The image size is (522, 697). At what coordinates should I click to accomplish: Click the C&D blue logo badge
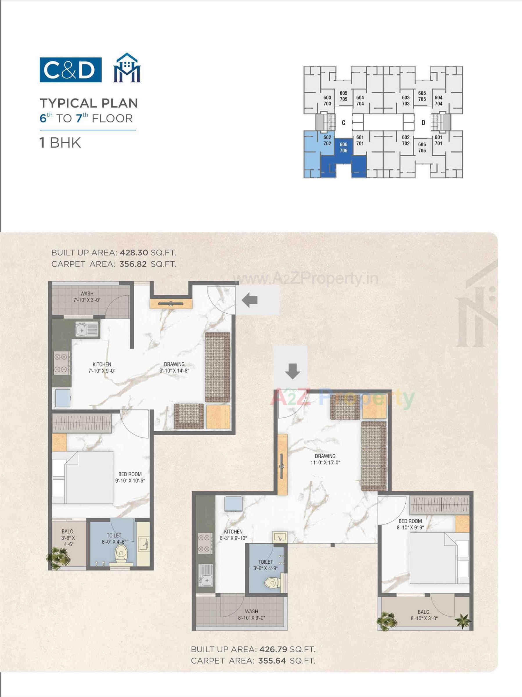[x=71, y=70]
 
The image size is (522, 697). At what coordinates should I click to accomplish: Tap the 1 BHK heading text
[x=60, y=143]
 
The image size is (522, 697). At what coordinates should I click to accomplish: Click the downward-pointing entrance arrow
[x=292, y=371]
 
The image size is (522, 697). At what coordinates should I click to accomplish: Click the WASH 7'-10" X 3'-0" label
[x=87, y=297]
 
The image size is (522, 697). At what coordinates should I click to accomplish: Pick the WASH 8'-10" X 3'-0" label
[x=251, y=615]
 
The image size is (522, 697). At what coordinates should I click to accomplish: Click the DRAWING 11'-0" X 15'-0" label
[x=325, y=459]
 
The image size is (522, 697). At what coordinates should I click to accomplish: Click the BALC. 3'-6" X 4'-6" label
[x=68, y=538]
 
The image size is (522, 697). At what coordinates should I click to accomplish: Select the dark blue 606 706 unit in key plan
[x=344, y=148]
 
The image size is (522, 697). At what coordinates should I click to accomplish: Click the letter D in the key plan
[x=423, y=123]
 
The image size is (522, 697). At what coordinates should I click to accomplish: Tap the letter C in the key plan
[x=344, y=123]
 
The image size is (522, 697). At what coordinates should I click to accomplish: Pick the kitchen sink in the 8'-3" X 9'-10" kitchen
[x=206, y=579]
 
